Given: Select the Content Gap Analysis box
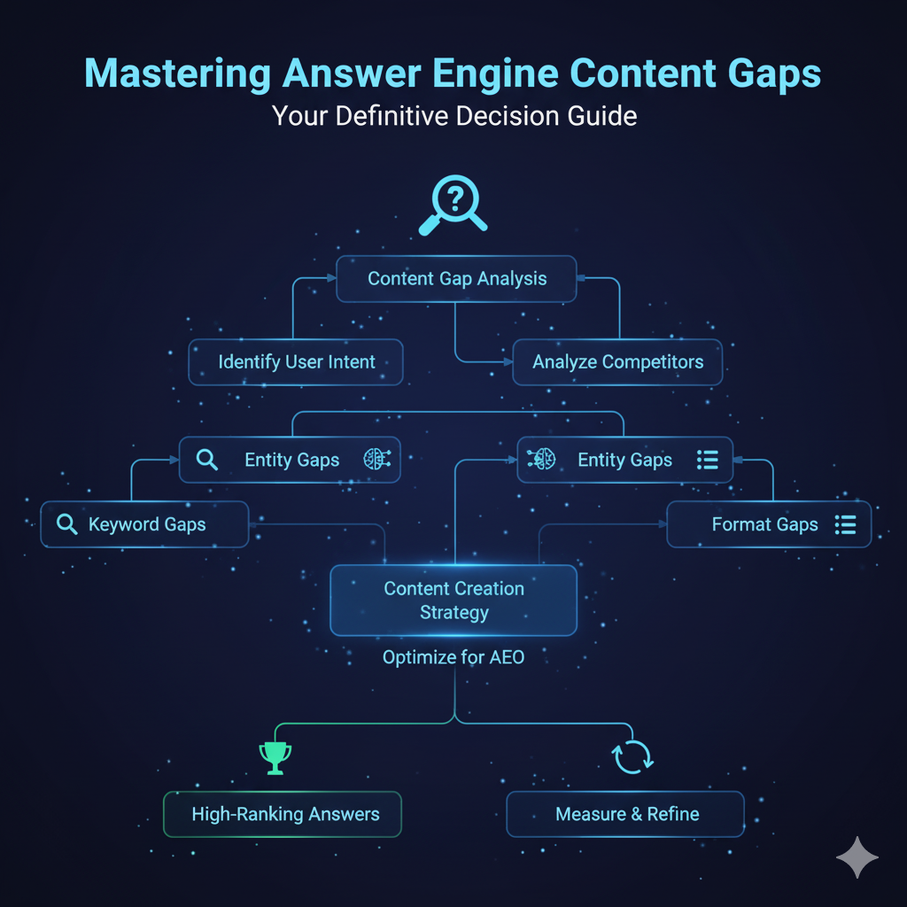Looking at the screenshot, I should click(456, 279).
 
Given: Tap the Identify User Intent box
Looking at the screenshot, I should click(296, 362).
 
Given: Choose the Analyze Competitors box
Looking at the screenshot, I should click(617, 362).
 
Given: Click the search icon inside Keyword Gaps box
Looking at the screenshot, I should click(66, 524).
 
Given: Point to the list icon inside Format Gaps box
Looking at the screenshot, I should click(845, 525).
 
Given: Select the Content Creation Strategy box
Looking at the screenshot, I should click(453, 601).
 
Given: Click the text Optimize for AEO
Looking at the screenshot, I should click(453, 658).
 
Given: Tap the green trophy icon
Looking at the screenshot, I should click(275, 758).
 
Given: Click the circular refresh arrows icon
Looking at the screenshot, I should click(632, 756).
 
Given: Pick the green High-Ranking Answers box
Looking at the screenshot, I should click(283, 814).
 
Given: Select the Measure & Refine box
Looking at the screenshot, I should click(625, 814).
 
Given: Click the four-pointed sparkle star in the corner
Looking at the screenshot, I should click(857, 858).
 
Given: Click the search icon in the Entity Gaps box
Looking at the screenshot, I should click(206, 460).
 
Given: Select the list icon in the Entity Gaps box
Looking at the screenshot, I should click(707, 460).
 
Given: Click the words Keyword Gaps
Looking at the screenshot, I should click(147, 524).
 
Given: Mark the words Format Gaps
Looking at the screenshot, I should click(764, 525).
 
